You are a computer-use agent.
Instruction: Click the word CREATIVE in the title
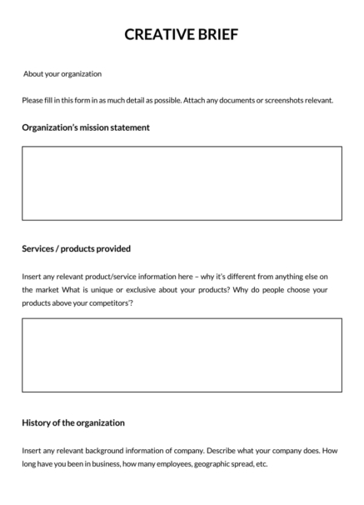[x=154, y=34]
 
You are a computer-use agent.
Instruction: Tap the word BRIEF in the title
[x=215, y=34]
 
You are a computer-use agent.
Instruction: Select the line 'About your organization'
[x=62, y=74]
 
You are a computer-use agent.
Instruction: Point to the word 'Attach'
[x=209, y=100]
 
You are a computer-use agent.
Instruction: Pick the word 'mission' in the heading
[x=100, y=127]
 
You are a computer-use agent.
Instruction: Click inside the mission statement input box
[x=182, y=183]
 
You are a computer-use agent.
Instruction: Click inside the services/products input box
[x=182, y=355]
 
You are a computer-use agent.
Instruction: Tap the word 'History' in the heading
[x=38, y=422]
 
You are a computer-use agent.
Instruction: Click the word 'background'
[x=109, y=450]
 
